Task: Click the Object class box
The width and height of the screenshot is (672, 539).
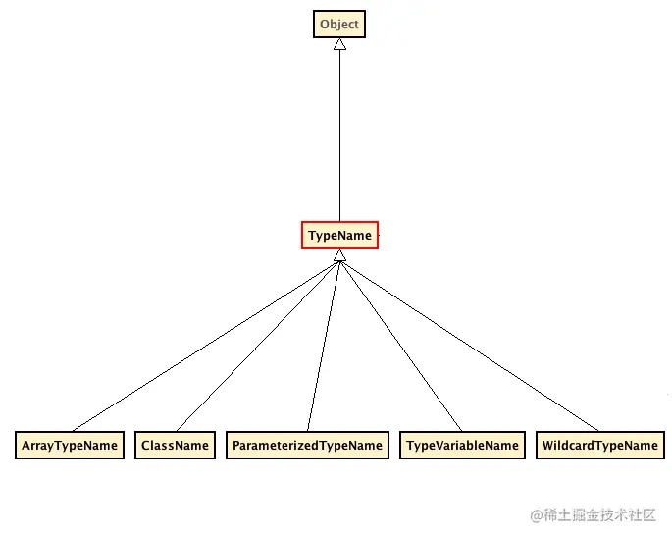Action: (339, 25)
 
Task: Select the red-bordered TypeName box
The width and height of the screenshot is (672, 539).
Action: (339, 236)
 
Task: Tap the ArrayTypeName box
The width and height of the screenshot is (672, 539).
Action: (70, 445)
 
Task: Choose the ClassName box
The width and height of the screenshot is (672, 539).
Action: (175, 445)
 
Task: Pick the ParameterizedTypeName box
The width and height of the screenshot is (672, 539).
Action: (307, 445)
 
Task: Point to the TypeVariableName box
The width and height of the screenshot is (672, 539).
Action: (462, 445)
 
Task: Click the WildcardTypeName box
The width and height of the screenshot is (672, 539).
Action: (599, 445)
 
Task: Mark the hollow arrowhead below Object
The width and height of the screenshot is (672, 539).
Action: (339, 45)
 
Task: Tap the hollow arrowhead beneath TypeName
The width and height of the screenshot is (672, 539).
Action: (339, 256)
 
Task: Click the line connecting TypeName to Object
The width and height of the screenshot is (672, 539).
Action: (339, 137)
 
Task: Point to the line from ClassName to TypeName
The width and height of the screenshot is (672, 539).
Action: (257, 344)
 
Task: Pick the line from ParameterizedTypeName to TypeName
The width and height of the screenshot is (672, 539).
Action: (323, 344)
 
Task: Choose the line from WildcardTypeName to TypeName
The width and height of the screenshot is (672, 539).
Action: (469, 344)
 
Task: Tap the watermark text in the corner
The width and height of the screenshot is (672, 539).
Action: (593, 515)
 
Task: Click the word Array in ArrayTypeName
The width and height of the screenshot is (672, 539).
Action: (37, 445)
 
